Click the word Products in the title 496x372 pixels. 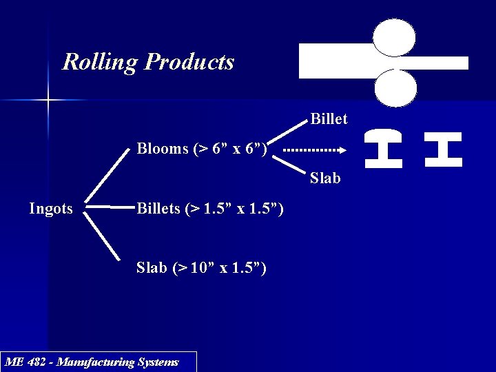point(189,62)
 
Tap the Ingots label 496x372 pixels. point(50,209)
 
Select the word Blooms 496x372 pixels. point(161,149)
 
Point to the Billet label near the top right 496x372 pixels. point(329,119)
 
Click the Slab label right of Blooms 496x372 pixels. point(325,178)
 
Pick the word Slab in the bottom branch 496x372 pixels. point(152,267)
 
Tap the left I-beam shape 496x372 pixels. point(384,149)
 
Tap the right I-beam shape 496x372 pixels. point(443,149)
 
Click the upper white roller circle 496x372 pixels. point(394,37)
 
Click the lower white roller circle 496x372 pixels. point(395,88)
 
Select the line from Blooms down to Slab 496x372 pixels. point(289,164)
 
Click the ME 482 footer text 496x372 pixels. point(92,362)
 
